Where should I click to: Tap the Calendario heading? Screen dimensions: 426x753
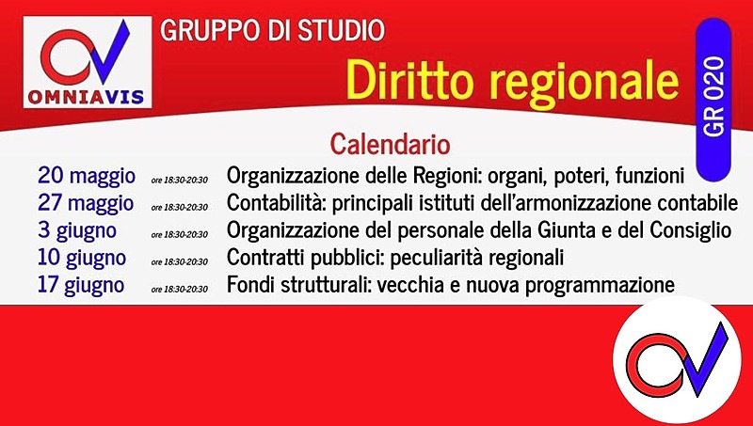390,144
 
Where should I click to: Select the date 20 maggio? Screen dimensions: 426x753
86,176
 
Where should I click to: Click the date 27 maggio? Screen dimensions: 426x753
86,203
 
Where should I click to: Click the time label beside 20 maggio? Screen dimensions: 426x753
179,179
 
